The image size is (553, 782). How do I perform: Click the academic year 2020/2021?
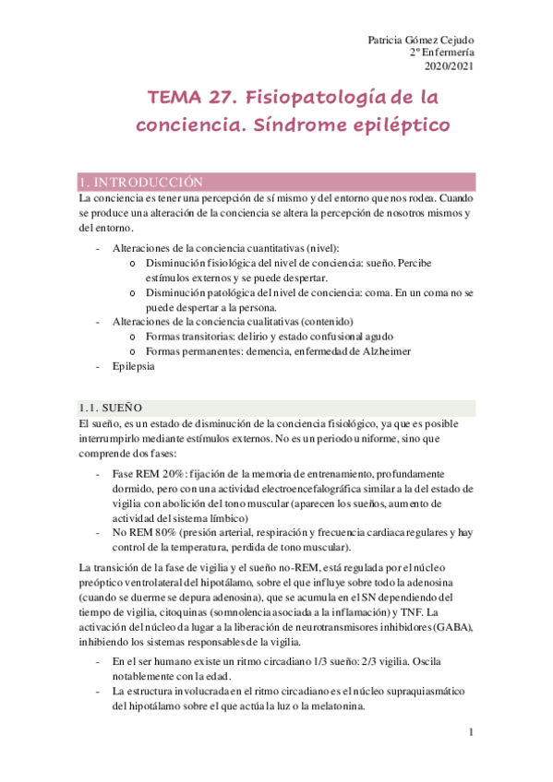[449, 66]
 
